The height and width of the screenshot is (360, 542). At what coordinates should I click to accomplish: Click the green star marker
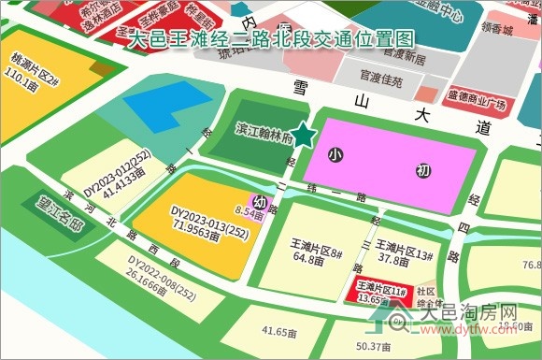(302, 137)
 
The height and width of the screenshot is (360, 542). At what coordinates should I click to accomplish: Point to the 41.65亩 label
(279, 331)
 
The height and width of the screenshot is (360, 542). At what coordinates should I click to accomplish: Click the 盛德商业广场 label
(477, 95)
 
